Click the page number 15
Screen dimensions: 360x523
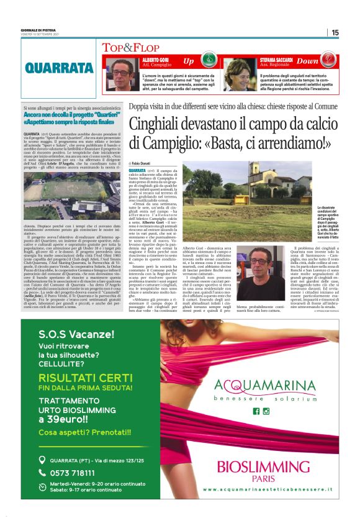tap(335, 33)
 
